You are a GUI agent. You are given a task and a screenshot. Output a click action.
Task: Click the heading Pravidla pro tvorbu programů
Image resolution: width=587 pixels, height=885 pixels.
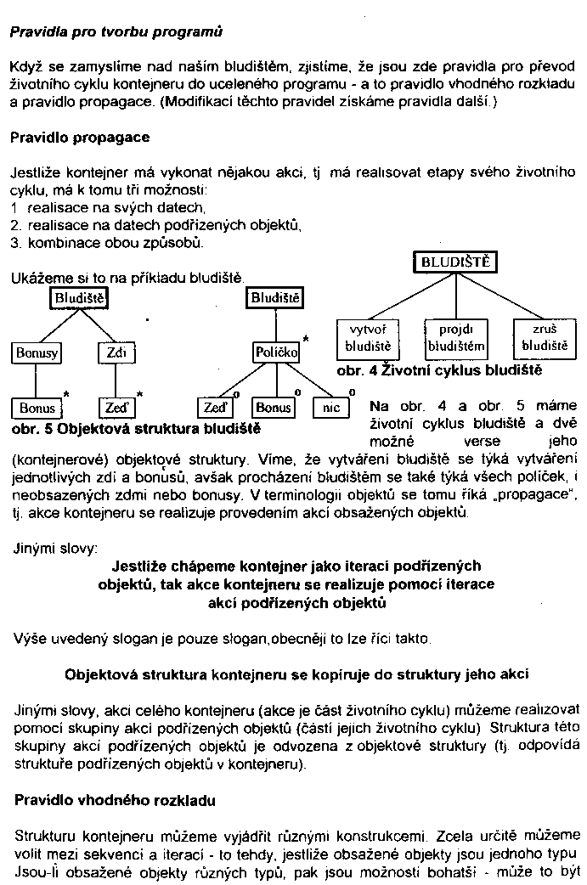pos(116,33)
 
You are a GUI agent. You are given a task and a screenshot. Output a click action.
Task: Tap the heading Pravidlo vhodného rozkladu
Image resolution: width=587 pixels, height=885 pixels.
pos(116,800)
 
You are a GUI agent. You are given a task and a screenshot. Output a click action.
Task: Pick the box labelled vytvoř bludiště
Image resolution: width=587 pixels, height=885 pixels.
pos(368,337)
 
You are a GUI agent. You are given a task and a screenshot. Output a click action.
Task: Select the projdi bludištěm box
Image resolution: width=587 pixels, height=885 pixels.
pos(455,337)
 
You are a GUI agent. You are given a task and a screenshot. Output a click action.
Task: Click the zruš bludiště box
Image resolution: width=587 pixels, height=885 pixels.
pos(544,337)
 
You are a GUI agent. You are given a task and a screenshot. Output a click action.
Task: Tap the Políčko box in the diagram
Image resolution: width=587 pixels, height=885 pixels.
pos(276,352)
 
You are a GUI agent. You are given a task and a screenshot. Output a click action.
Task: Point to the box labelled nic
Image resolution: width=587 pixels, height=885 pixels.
pos(331,408)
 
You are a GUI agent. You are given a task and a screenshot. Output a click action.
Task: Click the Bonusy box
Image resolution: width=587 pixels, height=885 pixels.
pos(37,352)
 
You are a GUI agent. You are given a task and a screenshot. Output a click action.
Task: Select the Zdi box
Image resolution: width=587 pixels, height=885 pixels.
pos(112,352)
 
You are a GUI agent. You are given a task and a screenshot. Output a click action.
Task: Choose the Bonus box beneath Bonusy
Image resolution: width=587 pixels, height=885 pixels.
pos(37,408)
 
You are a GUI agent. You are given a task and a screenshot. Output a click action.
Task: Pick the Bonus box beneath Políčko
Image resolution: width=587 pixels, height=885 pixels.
pos(274,408)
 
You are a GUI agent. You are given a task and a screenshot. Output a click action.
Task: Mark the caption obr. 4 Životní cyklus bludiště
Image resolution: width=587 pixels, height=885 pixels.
pos(439,371)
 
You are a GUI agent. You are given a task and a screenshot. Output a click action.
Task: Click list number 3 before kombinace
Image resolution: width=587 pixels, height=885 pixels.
pos(14,243)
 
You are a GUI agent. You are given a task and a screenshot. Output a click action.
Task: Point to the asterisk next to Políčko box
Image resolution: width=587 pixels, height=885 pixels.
pos(306,340)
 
